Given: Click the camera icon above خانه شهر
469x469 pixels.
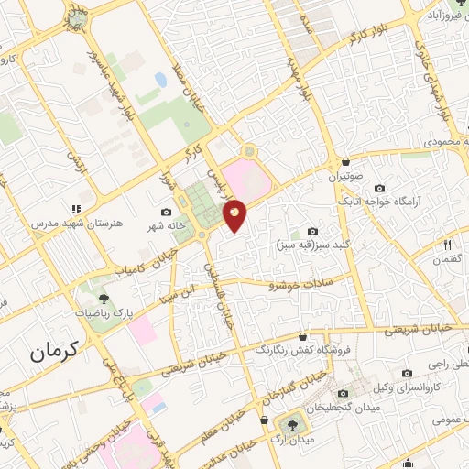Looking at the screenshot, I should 166,212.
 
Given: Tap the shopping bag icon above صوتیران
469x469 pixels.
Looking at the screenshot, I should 344,158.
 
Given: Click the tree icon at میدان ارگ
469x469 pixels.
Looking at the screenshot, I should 292,424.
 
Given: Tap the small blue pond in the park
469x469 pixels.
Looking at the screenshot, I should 161,81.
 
